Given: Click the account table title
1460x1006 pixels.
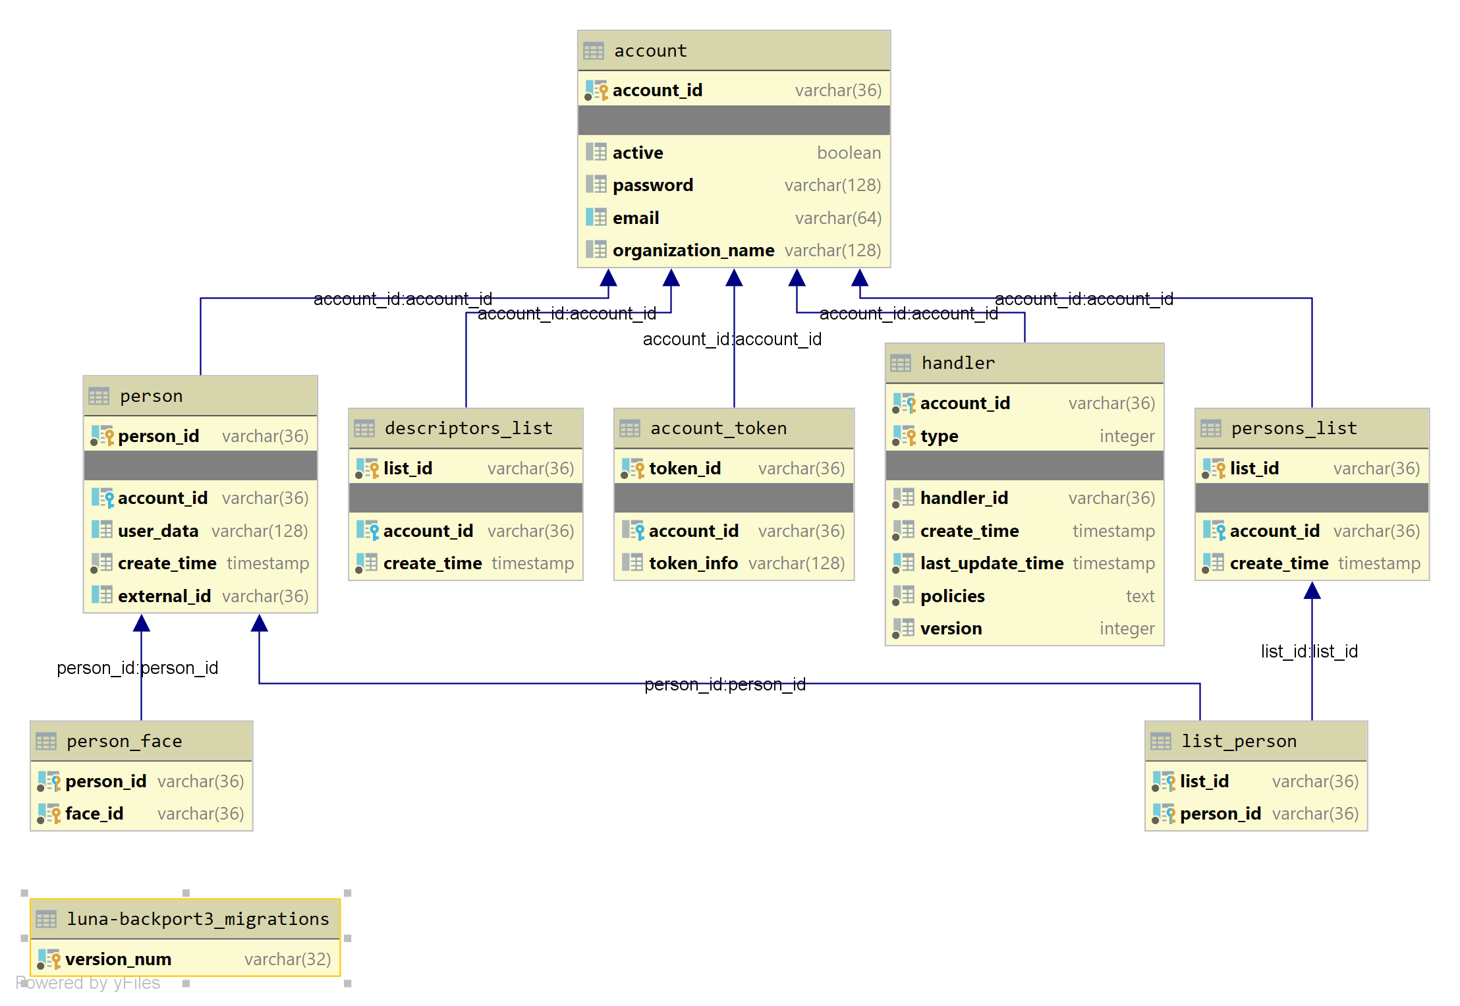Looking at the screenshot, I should pos(650,51).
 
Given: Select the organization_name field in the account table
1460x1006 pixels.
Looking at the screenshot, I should pos(693,250).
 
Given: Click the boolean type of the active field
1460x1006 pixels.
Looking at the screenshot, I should pos(849,153).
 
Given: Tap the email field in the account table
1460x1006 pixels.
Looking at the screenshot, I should pos(636,218).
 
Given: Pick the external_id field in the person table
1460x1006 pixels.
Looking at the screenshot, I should pos(164,596).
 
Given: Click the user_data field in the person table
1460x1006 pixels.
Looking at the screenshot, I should pos(158,531).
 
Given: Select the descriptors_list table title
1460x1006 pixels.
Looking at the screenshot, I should pos(468,428).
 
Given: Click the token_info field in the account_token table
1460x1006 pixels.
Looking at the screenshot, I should pos(693,563).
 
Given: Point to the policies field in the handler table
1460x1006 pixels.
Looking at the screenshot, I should pos(952,596).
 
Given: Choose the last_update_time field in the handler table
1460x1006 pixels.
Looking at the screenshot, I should pos(992,563).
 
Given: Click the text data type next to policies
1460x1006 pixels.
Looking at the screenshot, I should pos(1140,596).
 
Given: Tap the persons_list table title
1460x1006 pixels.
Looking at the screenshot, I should pos(1294,428).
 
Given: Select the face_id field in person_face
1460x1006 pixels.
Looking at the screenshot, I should pos(94,814).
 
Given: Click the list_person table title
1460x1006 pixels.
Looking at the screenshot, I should pos(1239,741).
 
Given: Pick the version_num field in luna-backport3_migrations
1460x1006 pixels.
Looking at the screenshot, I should pos(118,959).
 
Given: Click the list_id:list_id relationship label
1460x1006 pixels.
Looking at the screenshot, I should pos(1309,652).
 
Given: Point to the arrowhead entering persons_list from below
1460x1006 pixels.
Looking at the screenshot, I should pos(1312,591).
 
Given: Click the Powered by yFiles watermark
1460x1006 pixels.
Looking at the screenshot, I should pos(88,983).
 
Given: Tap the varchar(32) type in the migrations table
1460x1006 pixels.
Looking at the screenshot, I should pos(287,959).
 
